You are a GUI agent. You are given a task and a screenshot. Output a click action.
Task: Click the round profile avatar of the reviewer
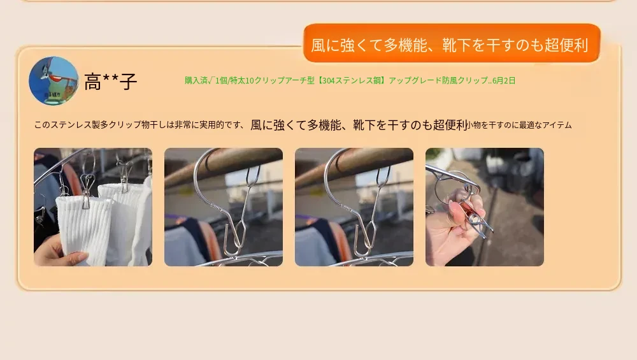click(x=54, y=81)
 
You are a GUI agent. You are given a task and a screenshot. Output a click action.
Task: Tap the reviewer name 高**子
click(x=110, y=82)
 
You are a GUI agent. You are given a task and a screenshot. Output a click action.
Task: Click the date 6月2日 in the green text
click(x=504, y=80)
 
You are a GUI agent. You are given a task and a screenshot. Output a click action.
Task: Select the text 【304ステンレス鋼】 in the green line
click(x=352, y=80)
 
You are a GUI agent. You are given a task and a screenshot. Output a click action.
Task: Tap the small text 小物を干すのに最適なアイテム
click(x=519, y=125)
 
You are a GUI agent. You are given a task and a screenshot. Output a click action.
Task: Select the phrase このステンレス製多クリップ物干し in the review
click(x=100, y=125)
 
